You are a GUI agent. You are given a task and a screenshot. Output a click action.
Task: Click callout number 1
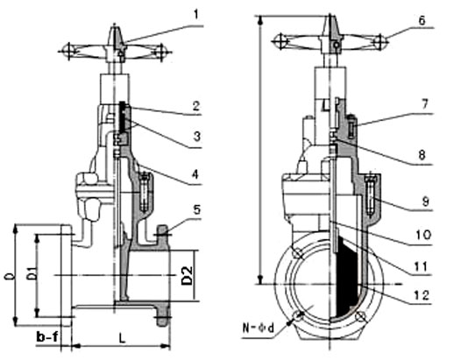(x=195, y=14)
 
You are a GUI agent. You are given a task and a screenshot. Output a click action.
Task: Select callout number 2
(x=196, y=106)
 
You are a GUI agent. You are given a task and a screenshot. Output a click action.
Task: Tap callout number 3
(x=197, y=137)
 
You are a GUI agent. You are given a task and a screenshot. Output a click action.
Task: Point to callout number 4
(x=195, y=174)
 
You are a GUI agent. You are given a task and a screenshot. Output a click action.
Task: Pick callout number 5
(x=196, y=209)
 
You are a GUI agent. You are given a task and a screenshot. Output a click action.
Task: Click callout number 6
(x=422, y=20)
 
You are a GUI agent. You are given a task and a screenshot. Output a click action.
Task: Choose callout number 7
(x=424, y=103)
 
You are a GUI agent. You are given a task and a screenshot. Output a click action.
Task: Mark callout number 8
(x=422, y=155)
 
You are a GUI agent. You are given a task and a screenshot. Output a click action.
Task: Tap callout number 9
(x=426, y=201)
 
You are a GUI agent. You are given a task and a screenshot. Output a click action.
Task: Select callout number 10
(x=423, y=235)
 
